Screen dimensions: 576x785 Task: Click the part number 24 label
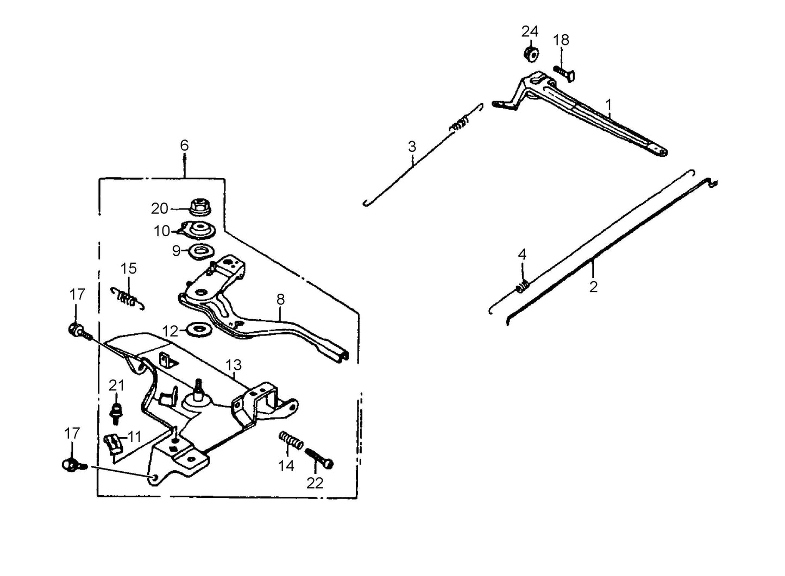[x=530, y=31]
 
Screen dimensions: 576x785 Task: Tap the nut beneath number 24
[x=530, y=53]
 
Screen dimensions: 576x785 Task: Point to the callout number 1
[x=609, y=103]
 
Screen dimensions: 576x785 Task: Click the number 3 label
[x=412, y=147]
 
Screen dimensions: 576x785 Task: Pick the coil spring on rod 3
[x=460, y=124]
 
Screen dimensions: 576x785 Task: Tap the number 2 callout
[x=593, y=286]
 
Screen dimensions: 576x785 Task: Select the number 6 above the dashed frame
[x=184, y=145]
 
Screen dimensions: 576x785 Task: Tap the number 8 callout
[x=280, y=299]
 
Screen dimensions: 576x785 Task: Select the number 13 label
[x=234, y=364]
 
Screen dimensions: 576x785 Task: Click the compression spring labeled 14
[x=291, y=440]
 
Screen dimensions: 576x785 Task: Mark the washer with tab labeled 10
[x=198, y=230]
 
